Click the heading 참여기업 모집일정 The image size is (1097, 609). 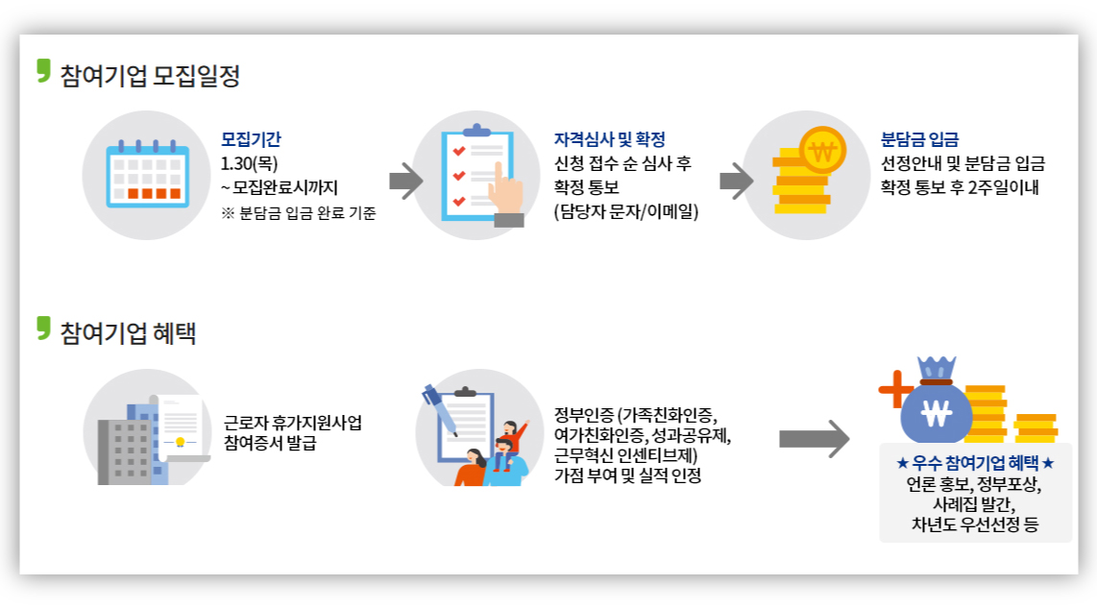click(149, 75)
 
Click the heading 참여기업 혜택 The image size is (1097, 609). click(128, 332)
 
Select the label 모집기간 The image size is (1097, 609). click(251, 139)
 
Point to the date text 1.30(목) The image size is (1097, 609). click(249, 163)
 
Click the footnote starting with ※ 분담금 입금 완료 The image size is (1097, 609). click(298, 213)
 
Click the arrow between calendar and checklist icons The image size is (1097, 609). click(405, 181)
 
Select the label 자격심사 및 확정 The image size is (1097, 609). click(609, 139)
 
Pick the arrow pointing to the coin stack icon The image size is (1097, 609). click(736, 181)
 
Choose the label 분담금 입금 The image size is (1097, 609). click(919, 139)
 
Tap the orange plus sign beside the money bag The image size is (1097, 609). click(894, 389)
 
